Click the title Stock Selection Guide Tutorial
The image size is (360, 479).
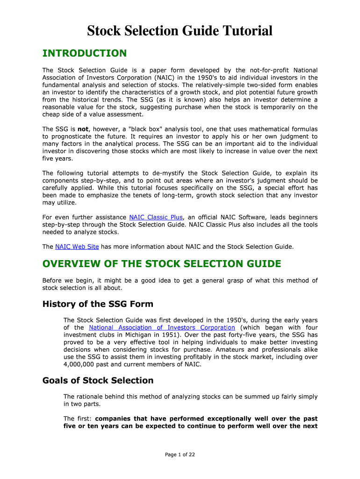pos(180,31)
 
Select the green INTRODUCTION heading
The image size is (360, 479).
pos(84,53)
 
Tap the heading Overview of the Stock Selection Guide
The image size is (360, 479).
pos(162,264)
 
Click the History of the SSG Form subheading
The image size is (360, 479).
pos(98,304)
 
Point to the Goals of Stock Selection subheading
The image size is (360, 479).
pos(98,380)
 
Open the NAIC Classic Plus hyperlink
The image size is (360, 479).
pos(156,218)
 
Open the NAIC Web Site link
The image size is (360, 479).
pos(77,247)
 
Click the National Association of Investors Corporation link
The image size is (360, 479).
pos(162,327)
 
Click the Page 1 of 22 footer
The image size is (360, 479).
pos(180,454)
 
